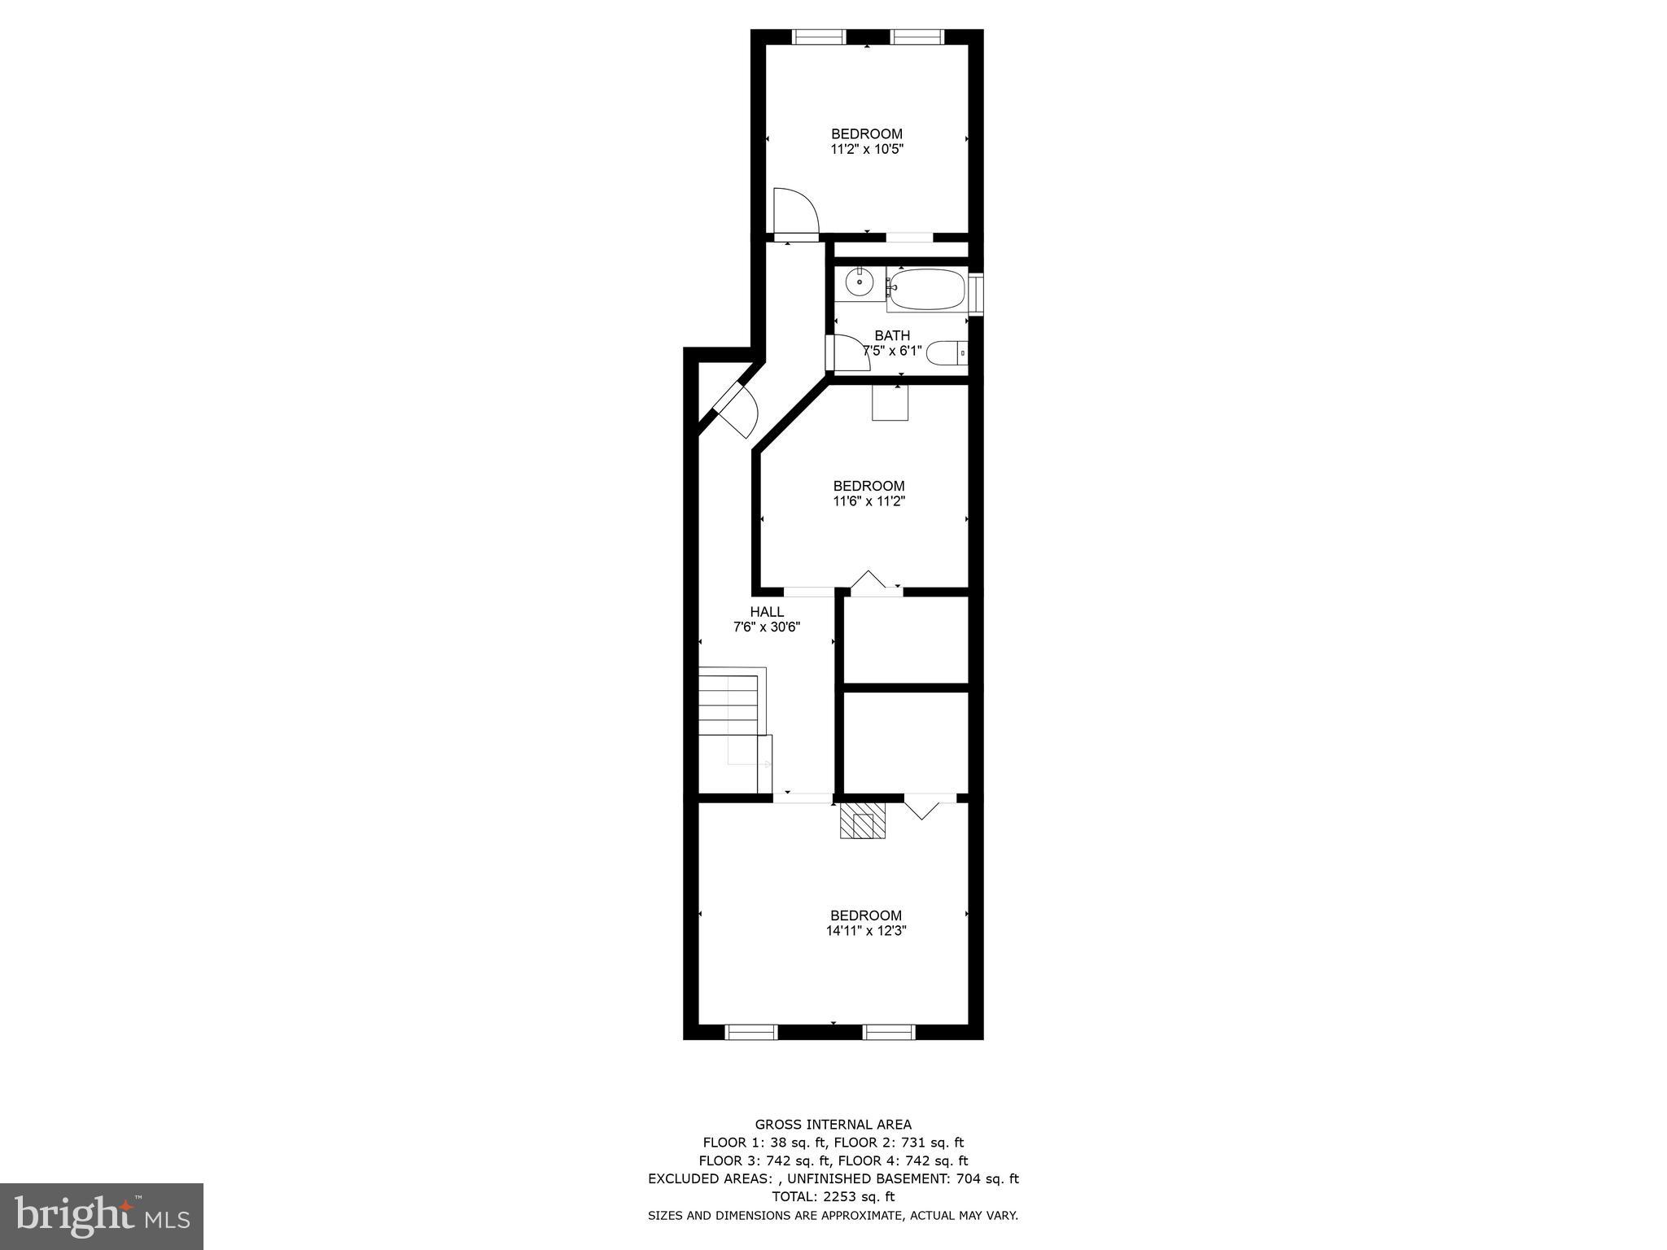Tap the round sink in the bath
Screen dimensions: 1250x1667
[x=859, y=282]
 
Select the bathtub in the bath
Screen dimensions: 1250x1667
[x=926, y=289]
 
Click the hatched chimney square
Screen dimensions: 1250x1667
[x=863, y=820]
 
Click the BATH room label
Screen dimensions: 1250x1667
[x=892, y=335]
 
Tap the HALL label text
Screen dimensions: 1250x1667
[x=767, y=612]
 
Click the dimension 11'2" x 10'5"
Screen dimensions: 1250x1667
[x=866, y=150]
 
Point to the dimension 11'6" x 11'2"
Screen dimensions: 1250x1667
[x=869, y=501]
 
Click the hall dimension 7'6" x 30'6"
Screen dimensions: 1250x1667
[x=767, y=627]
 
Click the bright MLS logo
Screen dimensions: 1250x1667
[x=102, y=1216]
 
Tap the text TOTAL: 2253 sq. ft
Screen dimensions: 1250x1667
[x=833, y=1196]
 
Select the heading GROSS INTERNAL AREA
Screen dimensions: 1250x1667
[x=833, y=1125]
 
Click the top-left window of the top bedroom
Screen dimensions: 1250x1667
[x=820, y=37]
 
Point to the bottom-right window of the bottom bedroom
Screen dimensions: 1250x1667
[x=889, y=1032]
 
